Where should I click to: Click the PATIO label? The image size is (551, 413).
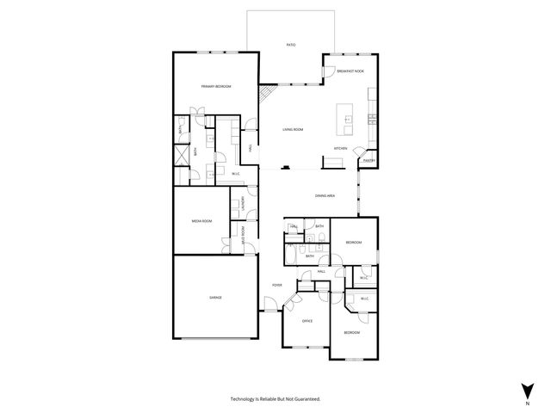pyautogui.click(x=292, y=45)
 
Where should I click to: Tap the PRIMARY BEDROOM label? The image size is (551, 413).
pyautogui.click(x=216, y=87)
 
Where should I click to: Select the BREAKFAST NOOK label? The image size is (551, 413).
pyautogui.click(x=349, y=71)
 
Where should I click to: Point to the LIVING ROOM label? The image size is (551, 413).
pyautogui.click(x=293, y=129)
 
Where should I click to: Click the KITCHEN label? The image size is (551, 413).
pyautogui.click(x=340, y=149)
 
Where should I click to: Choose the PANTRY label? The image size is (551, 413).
pyautogui.click(x=368, y=160)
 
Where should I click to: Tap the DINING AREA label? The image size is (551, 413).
pyautogui.click(x=325, y=196)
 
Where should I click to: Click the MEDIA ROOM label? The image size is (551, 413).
pyautogui.click(x=201, y=221)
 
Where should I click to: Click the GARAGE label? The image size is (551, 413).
pyautogui.click(x=215, y=298)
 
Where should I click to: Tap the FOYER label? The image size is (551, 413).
pyautogui.click(x=277, y=285)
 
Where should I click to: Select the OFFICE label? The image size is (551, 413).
pyautogui.click(x=307, y=321)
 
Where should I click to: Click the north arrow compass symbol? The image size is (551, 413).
pyautogui.click(x=526, y=389)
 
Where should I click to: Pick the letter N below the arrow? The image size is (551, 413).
pyautogui.click(x=526, y=402)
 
